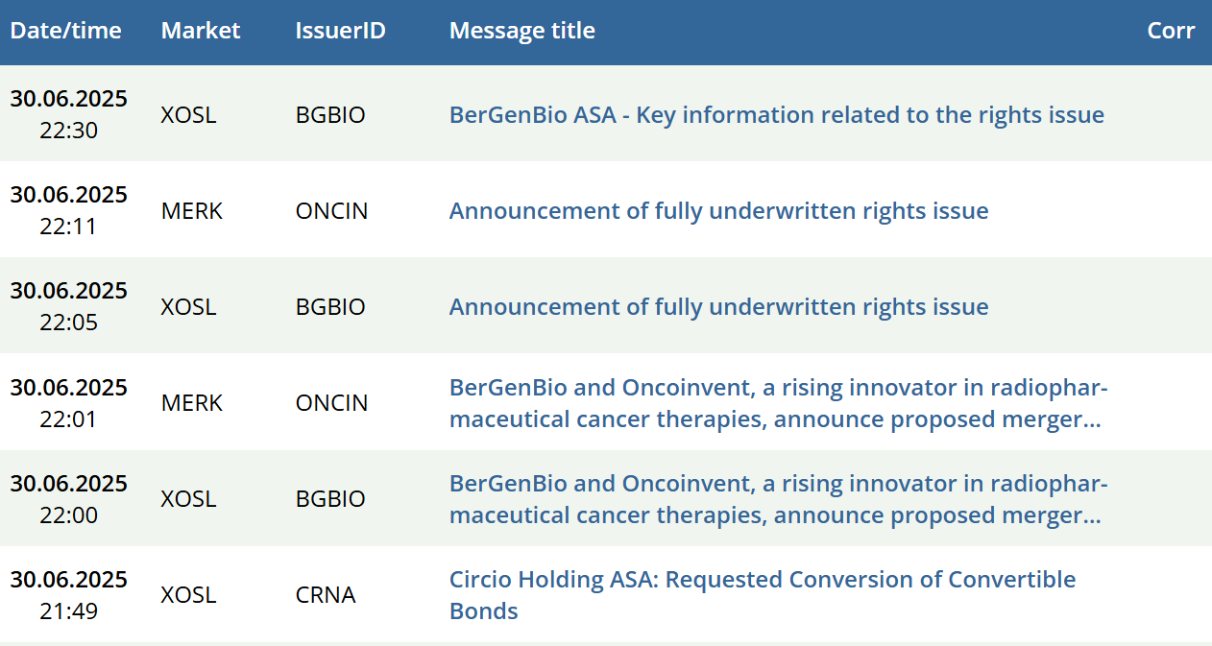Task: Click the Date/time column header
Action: (x=65, y=31)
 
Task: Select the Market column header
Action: (x=200, y=31)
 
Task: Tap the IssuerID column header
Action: (x=340, y=31)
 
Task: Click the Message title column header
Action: (x=522, y=31)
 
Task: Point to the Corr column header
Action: (x=1171, y=31)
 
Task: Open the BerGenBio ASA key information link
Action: (x=776, y=114)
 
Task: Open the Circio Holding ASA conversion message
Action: (x=763, y=594)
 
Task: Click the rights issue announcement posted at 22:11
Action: (x=718, y=211)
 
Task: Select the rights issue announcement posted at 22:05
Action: (x=718, y=307)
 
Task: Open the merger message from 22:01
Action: (x=778, y=403)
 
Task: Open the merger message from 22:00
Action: (x=778, y=499)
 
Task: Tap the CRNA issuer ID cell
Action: (x=326, y=595)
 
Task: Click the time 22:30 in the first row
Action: (x=68, y=131)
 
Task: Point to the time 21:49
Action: (x=68, y=610)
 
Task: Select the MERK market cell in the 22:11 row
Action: (x=191, y=211)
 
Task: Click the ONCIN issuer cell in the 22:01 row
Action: (x=331, y=403)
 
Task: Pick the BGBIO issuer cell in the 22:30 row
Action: (x=330, y=115)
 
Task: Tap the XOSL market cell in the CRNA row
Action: (x=188, y=595)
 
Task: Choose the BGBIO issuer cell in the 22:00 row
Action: (x=330, y=499)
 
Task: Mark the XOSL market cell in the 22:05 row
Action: (x=188, y=307)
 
